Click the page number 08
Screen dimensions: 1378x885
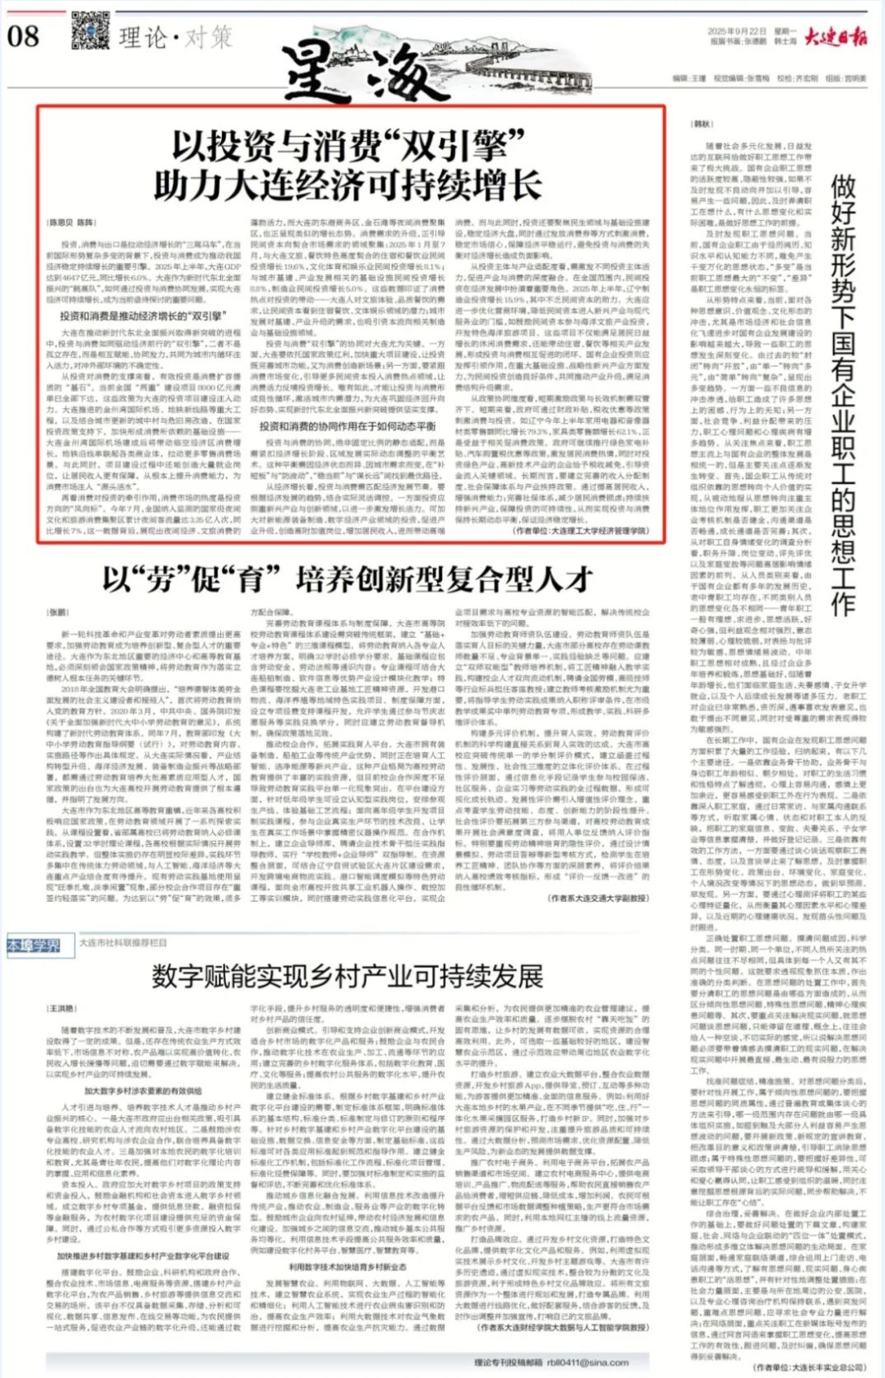tap(23, 35)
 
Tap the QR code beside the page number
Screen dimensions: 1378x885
tap(91, 33)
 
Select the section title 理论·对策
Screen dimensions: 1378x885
tap(175, 37)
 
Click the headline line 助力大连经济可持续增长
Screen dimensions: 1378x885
tap(348, 185)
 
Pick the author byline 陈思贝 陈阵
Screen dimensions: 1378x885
tap(71, 223)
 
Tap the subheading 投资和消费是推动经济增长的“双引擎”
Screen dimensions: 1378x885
tap(142, 316)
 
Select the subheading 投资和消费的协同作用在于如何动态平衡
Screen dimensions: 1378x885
tap(347, 426)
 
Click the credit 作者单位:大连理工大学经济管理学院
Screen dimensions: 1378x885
tap(580, 532)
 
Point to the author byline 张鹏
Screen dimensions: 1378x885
tap(58, 612)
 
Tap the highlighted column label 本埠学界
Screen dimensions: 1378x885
tap(34, 944)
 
